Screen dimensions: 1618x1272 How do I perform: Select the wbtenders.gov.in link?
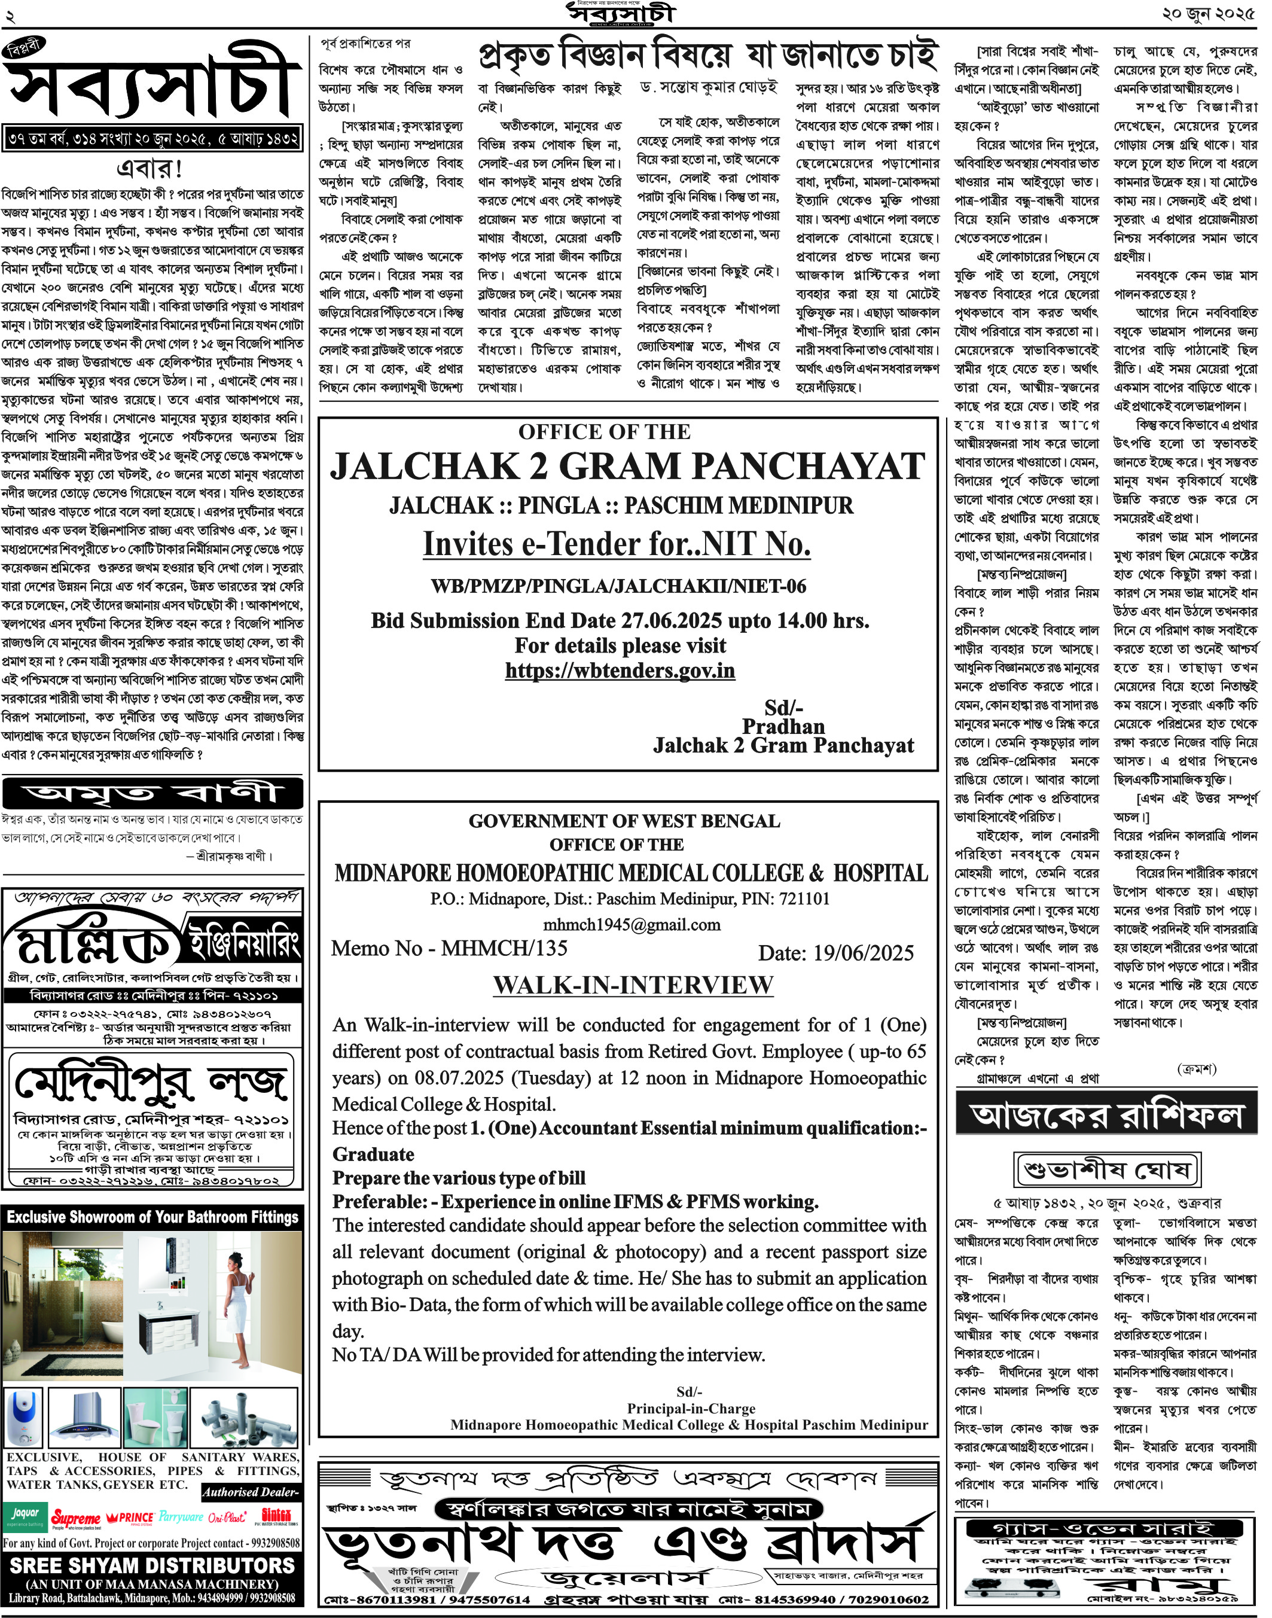[620, 671]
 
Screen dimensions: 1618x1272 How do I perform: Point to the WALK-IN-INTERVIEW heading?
[633, 985]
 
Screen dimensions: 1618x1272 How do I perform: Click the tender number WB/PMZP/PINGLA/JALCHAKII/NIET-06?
[618, 586]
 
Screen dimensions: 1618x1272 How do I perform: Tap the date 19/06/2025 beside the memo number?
[835, 953]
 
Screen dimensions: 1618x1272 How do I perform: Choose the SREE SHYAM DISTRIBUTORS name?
[152, 1567]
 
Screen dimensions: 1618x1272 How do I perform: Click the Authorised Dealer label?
[251, 1492]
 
